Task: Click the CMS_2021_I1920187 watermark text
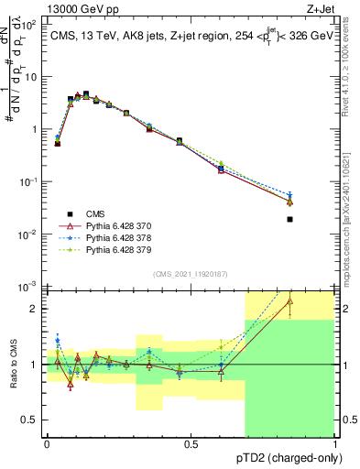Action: tap(191, 273)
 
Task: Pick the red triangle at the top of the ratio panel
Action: tap(289, 300)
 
